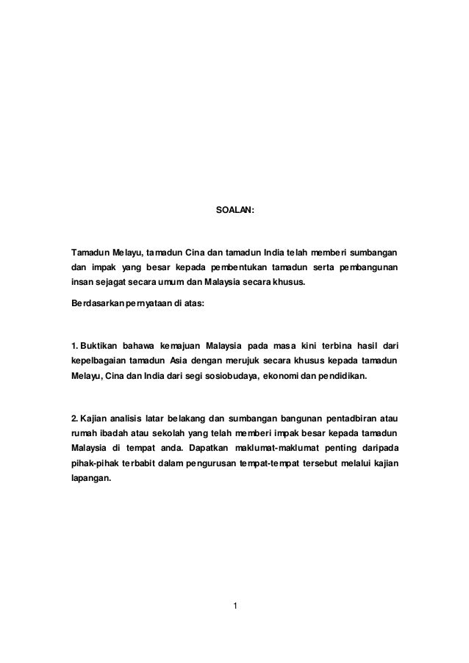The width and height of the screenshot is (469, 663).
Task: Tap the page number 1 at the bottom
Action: [x=234, y=606]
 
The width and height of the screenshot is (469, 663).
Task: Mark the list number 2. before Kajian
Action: [x=74, y=419]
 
